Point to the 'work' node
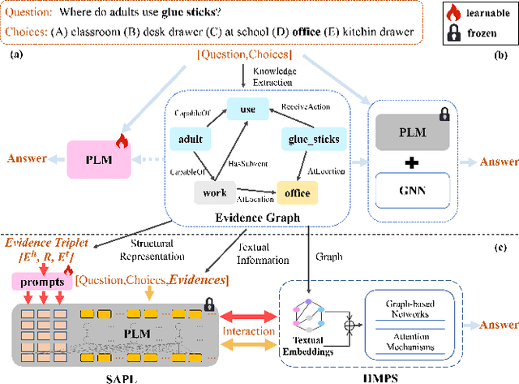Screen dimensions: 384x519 [216, 193]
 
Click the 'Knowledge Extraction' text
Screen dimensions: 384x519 [276, 76]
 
